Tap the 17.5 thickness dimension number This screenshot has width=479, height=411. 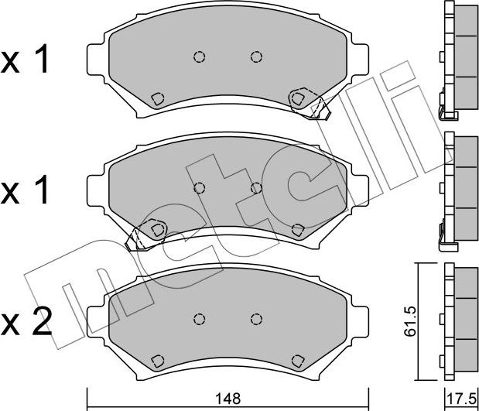(x=462, y=399)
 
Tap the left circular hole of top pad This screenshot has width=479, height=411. (x=199, y=57)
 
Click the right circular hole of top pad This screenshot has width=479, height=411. (x=256, y=57)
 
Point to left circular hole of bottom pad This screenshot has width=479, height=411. (x=199, y=318)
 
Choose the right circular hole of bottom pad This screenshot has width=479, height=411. (x=256, y=318)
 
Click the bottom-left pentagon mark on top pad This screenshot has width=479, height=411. (x=157, y=98)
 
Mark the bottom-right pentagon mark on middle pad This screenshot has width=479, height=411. (x=298, y=229)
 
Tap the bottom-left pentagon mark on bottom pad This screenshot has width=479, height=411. (x=157, y=360)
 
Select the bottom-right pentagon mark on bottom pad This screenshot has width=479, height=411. (x=298, y=360)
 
